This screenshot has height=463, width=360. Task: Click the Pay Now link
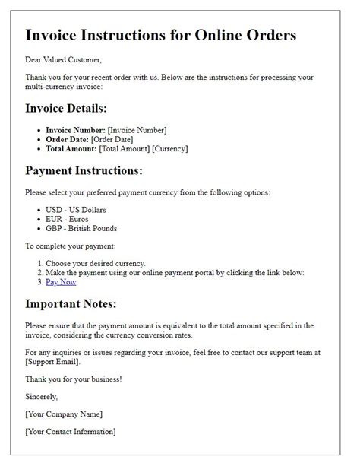[x=62, y=282]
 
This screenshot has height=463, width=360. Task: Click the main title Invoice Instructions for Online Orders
[x=161, y=35]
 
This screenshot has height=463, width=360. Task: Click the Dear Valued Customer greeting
[x=63, y=59]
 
